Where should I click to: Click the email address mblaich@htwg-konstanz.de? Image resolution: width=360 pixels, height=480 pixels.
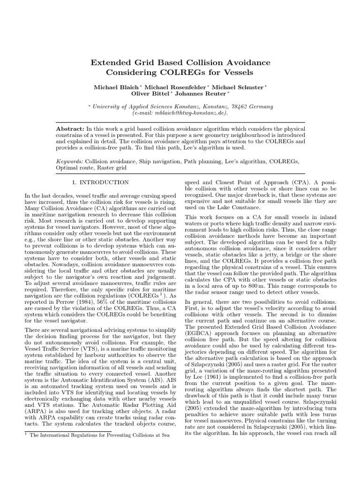180,113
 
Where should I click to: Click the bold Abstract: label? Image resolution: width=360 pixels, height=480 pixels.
70,129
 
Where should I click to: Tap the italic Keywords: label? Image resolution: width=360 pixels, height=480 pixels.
69,161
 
